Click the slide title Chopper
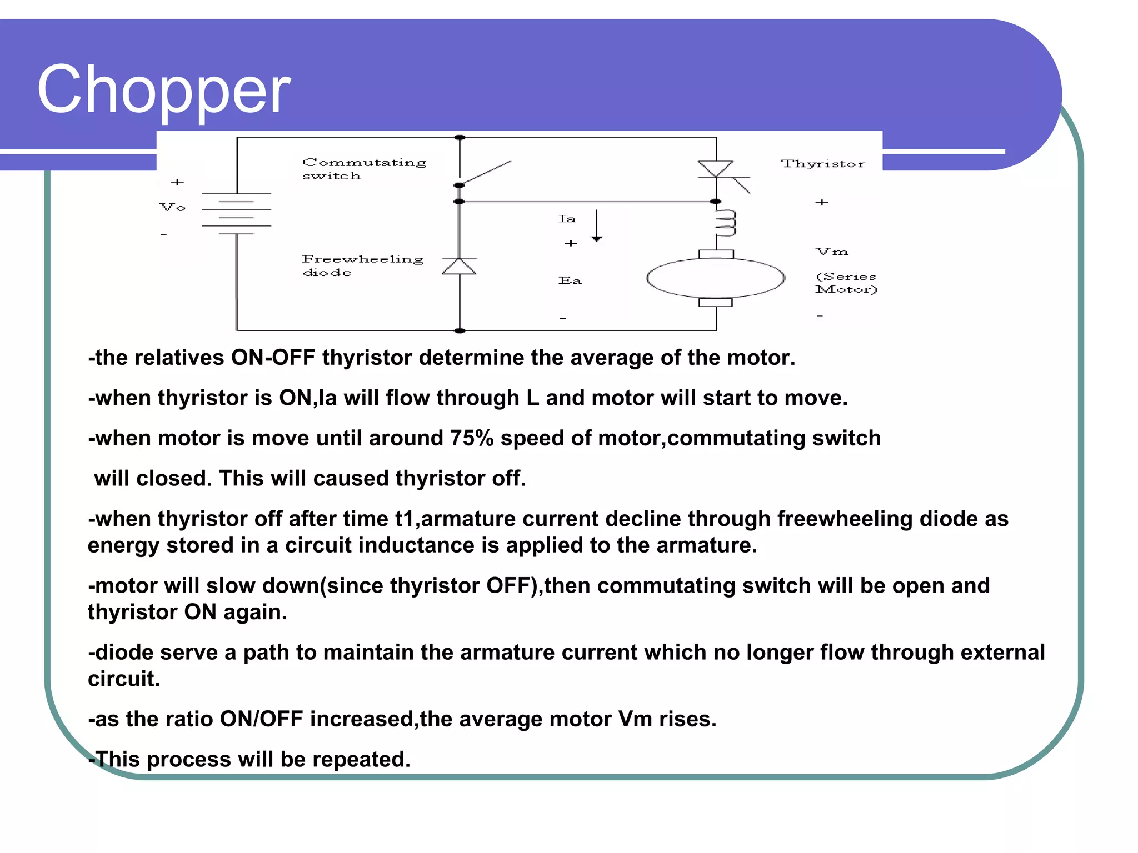(164, 89)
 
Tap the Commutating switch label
(364, 169)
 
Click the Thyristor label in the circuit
(823, 164)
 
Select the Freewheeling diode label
(362, 265)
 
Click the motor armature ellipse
(716, 278)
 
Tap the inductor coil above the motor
(725, 223)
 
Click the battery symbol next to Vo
(237, 214)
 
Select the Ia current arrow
(596, 225)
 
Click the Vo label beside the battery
(172, 207)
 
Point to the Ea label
(570, 281)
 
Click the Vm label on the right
(832, 252)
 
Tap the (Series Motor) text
(846, 283)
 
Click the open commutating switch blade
(486, 172)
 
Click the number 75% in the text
(472, 438)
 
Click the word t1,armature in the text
(455, 519)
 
